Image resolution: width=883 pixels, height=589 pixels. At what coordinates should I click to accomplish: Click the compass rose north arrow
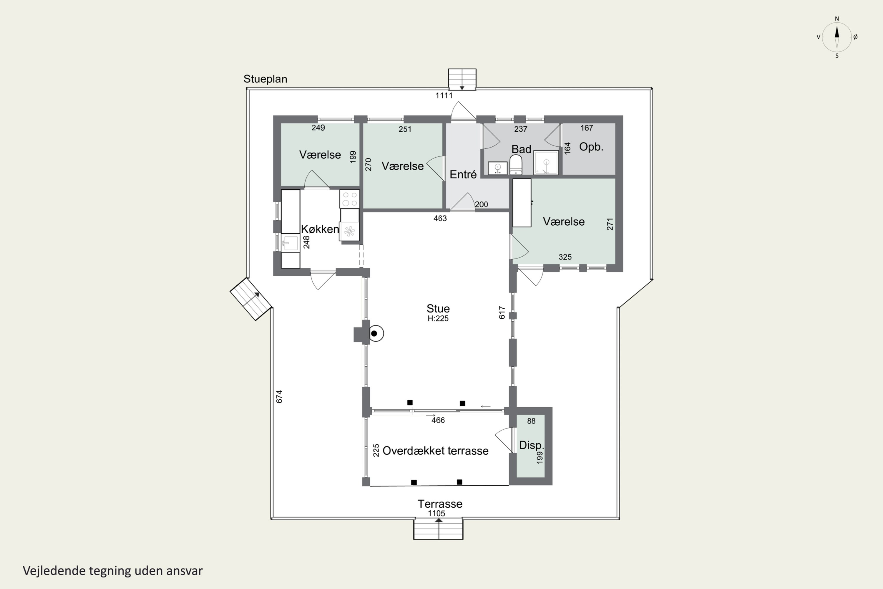[837, 37]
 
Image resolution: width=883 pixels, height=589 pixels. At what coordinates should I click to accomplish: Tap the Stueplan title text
[265, 79]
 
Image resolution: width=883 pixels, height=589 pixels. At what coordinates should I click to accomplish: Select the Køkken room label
[320, 229]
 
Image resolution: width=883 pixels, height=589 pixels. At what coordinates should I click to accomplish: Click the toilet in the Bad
[516, 165]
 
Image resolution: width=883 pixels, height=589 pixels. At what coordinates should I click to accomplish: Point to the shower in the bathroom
[546, 163]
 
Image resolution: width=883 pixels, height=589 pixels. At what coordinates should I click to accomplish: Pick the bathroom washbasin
[498, 168]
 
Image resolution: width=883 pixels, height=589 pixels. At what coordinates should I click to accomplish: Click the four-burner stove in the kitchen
[350, 199]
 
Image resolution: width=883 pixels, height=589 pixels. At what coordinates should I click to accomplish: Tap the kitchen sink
[290, 243]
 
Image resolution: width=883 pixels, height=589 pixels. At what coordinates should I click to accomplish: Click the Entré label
[463, 174]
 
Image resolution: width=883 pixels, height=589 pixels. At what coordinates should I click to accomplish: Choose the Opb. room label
[591, 147]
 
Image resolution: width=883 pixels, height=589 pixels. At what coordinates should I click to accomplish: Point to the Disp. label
[531, 445]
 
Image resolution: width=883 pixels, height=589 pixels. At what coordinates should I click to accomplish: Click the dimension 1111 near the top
[444, 95]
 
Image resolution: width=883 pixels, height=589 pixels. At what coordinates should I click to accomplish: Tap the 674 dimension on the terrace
[279, 397]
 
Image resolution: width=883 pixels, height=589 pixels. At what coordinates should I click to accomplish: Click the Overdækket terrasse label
[436, 451]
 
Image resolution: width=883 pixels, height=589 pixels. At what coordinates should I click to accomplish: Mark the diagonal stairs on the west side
[251, 299]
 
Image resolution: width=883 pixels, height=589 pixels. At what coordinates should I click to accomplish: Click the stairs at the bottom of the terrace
[438, 529]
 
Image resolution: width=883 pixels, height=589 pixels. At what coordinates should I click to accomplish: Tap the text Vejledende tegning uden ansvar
[113, 571]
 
